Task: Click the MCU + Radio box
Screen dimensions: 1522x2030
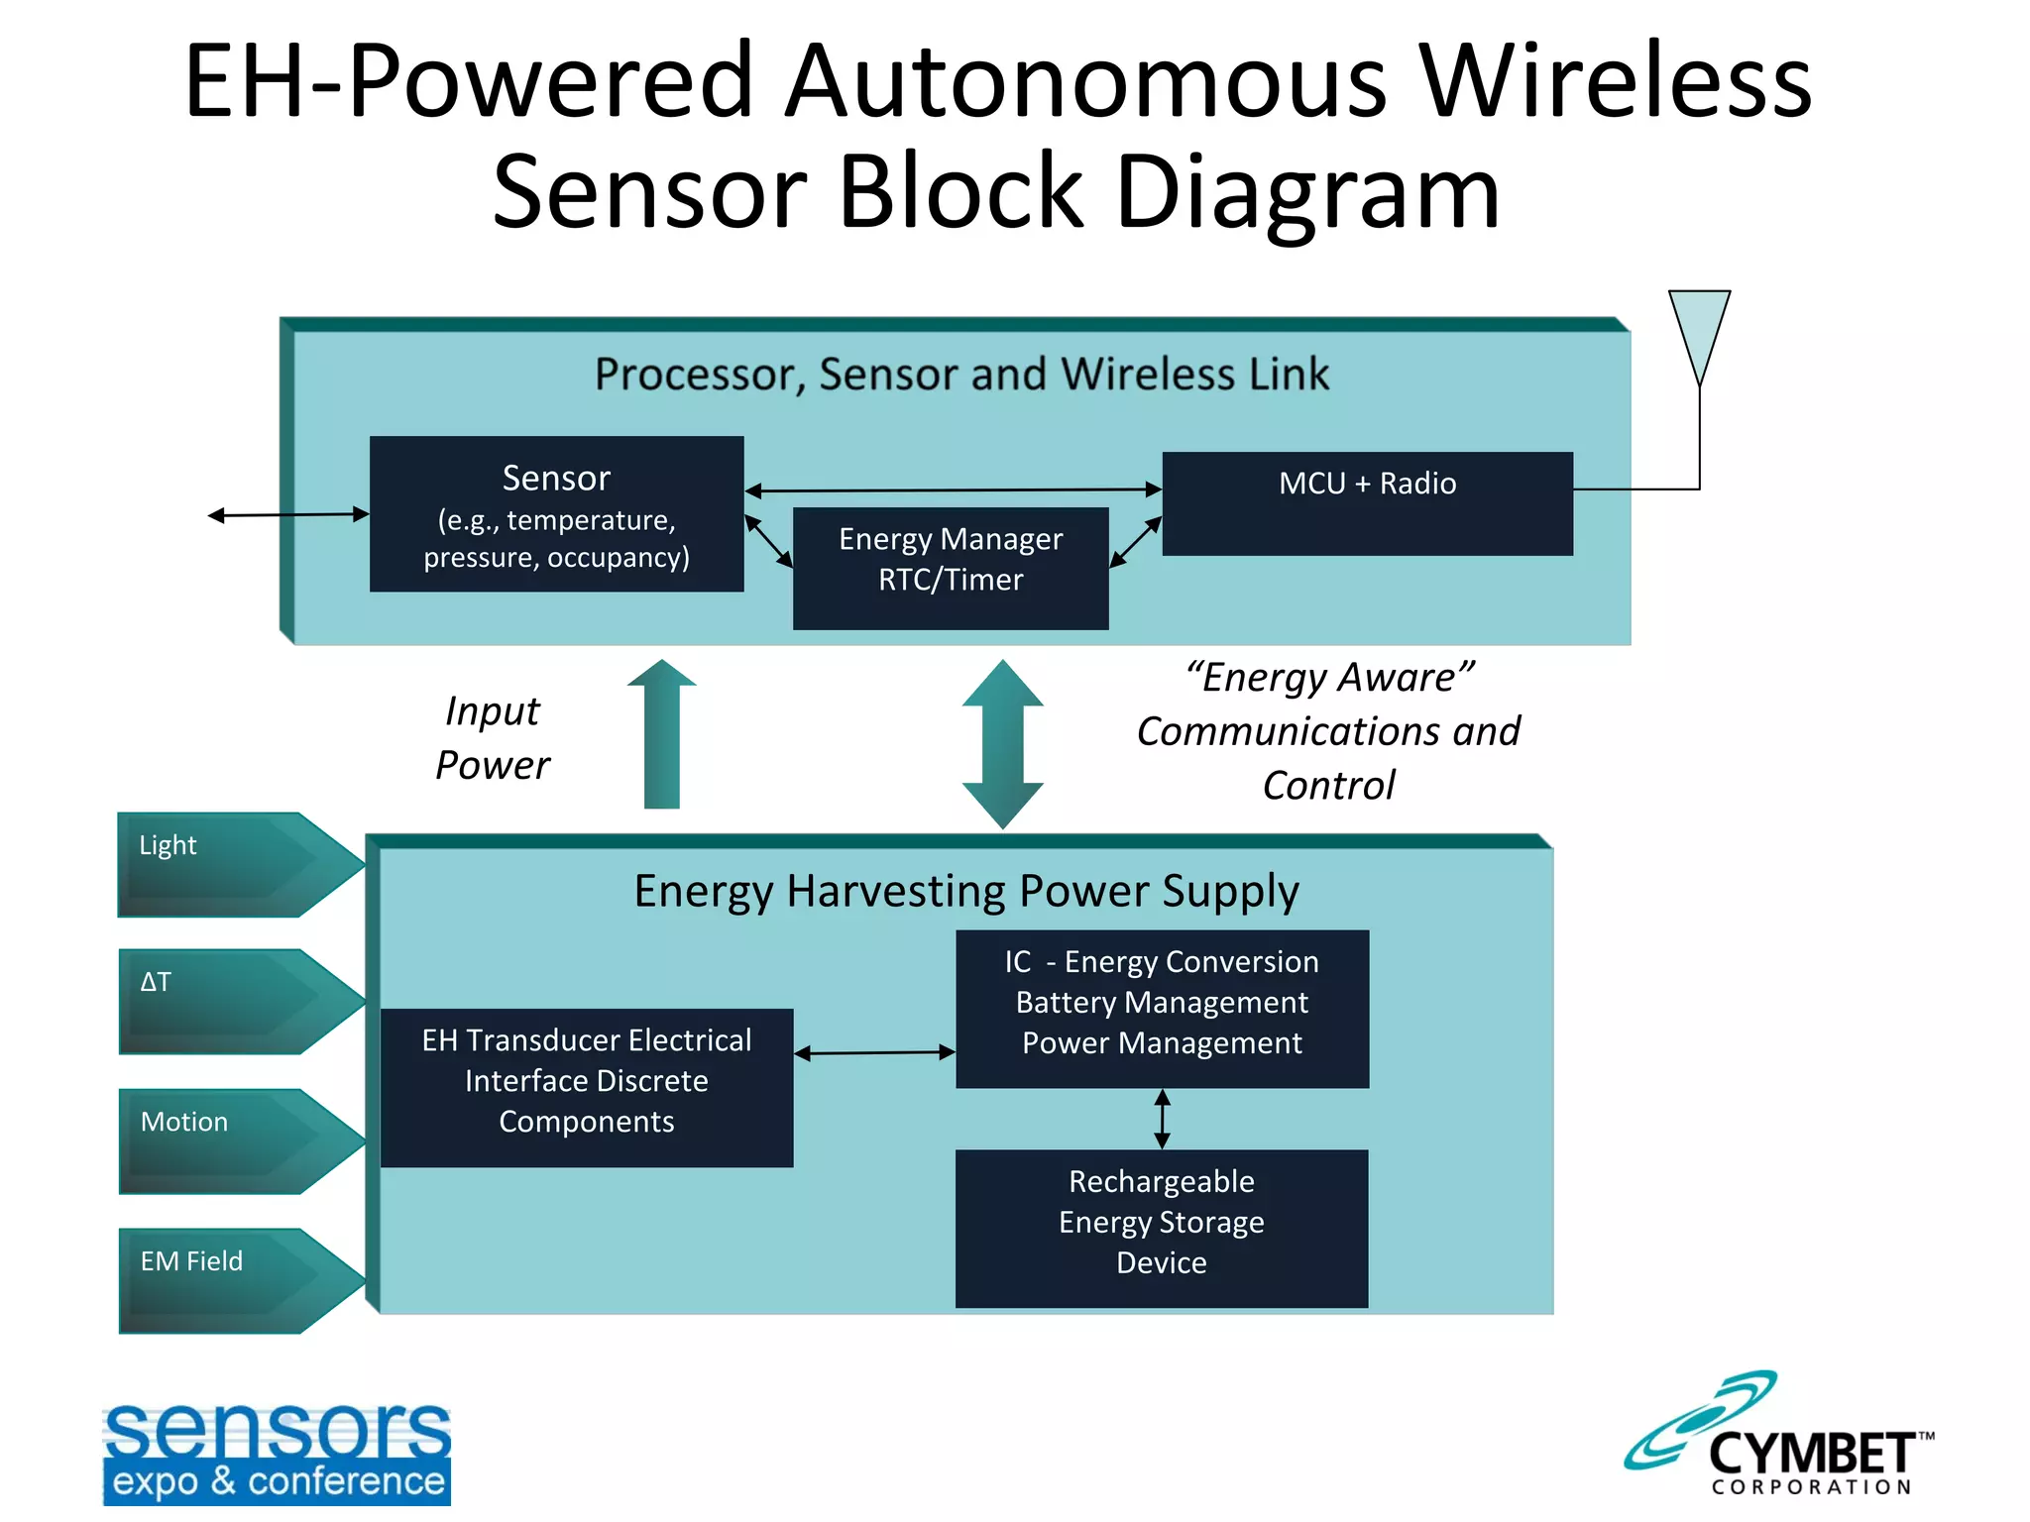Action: point(1367,503)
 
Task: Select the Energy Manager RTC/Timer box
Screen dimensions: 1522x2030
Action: point(951,568)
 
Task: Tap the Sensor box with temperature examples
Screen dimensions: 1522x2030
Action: point(556,514)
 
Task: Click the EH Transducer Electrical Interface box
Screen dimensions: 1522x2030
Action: point(587,1087)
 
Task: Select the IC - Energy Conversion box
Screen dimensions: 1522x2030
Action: point(1162,1008)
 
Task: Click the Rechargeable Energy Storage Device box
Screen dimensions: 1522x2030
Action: point(1162,1228)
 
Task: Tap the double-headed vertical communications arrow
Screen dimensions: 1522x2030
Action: point(1003,743)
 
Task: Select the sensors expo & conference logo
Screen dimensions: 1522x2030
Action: point(277,1453)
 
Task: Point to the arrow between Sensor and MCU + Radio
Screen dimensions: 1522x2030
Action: point(953,489)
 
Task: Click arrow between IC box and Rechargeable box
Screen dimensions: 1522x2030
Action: point(1163,1119)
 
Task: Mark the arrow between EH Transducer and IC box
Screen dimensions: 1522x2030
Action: point(874,1052)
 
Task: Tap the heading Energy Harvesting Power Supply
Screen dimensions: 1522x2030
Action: point(966,890)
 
